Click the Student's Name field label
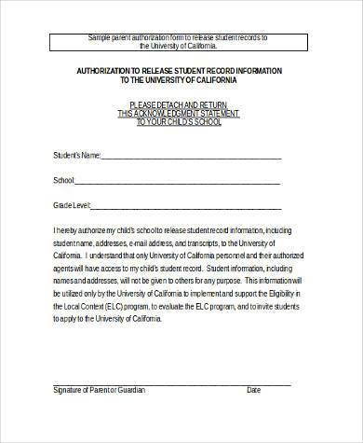[72, 155]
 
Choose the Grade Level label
[70, 203]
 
